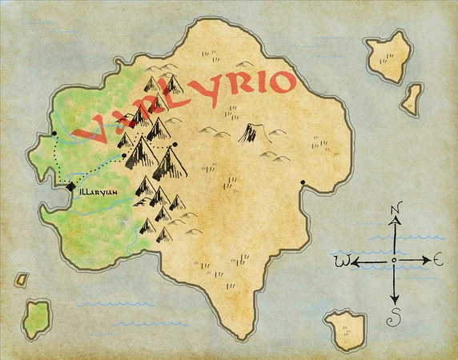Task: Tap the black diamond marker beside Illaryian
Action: tap(70, 188)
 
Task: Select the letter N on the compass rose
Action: tap(395, 210)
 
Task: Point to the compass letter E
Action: tap(438, 259)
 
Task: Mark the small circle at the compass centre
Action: tap(394, 261)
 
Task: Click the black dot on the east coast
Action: tap(303, 183)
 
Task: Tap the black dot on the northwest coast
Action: tap(54, 134)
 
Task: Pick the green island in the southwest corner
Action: tap(35, 319)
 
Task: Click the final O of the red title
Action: tap(277, 79)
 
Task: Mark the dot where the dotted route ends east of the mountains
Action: tap(175, 146)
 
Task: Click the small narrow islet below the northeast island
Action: tap(412, 98)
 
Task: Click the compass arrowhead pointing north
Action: tap(395, 225)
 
